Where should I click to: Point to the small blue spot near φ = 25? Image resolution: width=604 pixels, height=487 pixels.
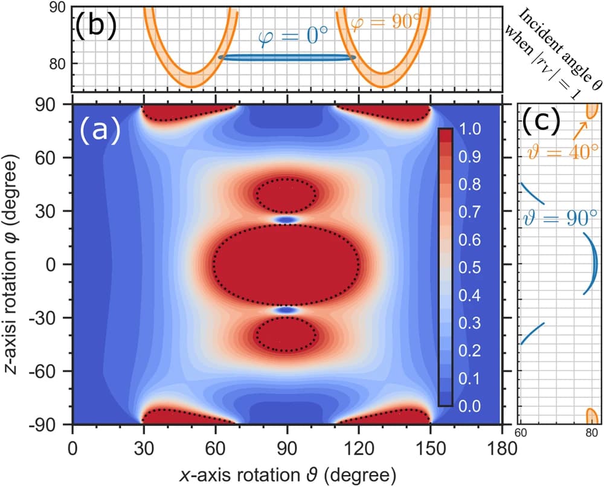coord(287,220)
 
